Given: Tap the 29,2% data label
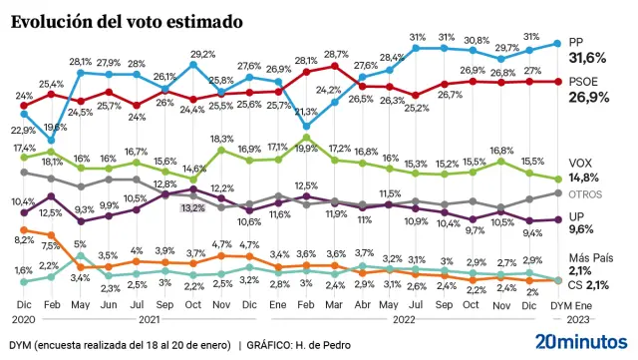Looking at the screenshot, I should point(204,55).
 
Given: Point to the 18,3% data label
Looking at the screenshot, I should point(221,139).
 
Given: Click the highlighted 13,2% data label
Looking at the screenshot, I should point(191,207).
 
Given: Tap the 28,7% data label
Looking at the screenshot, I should point(335,55).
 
